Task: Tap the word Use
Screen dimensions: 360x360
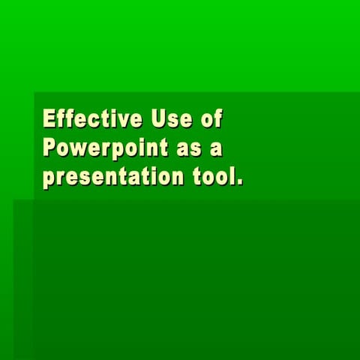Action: click(x=166, y=119)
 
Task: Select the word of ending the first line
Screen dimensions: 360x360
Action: click(x=212, y=119)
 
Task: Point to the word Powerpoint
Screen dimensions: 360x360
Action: click(x=105, y=148)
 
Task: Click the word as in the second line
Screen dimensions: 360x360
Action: click(x=187, y=148)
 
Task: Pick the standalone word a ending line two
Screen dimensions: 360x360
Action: click(x=216, y=148)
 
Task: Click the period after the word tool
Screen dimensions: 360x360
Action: click(x=240, y=183)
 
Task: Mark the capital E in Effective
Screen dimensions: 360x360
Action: click(x=49, y=119)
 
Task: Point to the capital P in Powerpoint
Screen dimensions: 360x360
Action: click(x=49, y=148)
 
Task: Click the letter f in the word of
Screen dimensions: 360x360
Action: click(x=219, y=118)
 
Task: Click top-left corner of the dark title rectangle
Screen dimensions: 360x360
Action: click(x=34, y=93)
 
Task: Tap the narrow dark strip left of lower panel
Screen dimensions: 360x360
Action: click(x=23, y=277)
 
